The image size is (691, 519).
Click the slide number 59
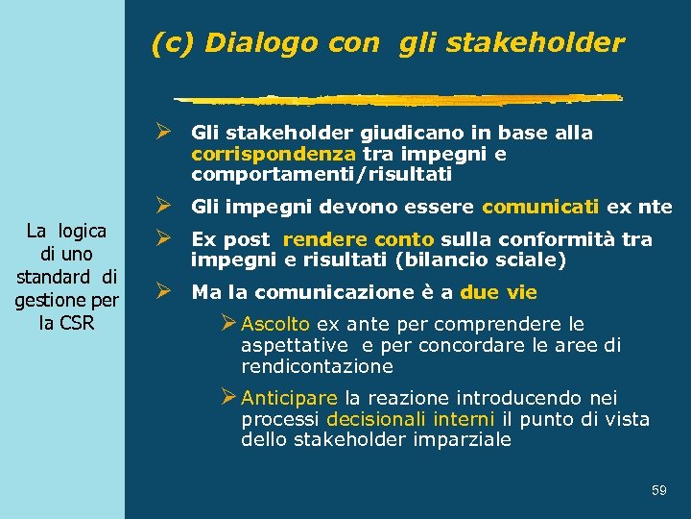tap(658, 491)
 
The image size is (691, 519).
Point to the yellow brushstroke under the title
tap(398, 98)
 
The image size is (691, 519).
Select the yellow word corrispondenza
tap(274, 154)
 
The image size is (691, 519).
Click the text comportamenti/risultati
tap(322, 176)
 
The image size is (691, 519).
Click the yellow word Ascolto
tap(275, 325)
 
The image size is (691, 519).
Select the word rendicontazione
tap(317, 367)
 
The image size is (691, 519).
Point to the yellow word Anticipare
tap(289, 398)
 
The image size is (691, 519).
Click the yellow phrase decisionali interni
tap(411, 419)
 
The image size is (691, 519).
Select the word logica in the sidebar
tap(82, 230)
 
